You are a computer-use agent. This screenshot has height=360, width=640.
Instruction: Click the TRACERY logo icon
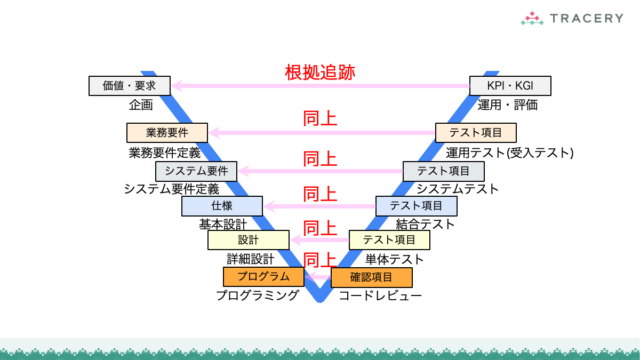[532, 19]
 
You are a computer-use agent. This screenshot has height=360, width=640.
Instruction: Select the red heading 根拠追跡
[320, 72]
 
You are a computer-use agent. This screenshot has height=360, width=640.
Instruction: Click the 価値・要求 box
[129, 85]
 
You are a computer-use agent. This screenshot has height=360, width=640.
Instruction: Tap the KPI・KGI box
[510, 85]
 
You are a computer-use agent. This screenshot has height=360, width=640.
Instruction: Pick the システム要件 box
[196, 171]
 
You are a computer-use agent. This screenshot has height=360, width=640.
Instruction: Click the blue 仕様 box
[222, 205]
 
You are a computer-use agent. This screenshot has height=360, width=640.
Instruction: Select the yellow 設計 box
[248, 240]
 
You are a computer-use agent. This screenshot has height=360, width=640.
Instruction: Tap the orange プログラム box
[263, 276]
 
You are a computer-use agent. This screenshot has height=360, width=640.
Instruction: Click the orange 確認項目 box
[371, 277]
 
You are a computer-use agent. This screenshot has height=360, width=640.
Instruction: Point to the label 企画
[141, 105]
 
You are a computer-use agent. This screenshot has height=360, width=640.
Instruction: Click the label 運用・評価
[507, 105]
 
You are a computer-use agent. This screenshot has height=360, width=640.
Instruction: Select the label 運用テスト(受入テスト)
[509, 153]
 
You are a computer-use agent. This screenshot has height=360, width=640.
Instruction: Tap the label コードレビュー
[380, 295]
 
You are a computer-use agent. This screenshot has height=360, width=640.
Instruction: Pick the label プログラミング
[257, 295]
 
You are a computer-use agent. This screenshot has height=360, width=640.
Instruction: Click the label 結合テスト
[425, 224]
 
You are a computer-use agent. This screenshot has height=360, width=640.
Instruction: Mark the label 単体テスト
[394, 260]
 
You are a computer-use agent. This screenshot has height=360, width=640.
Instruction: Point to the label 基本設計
[222, 224]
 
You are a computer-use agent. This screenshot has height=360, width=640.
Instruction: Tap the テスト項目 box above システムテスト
[443, 171]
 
